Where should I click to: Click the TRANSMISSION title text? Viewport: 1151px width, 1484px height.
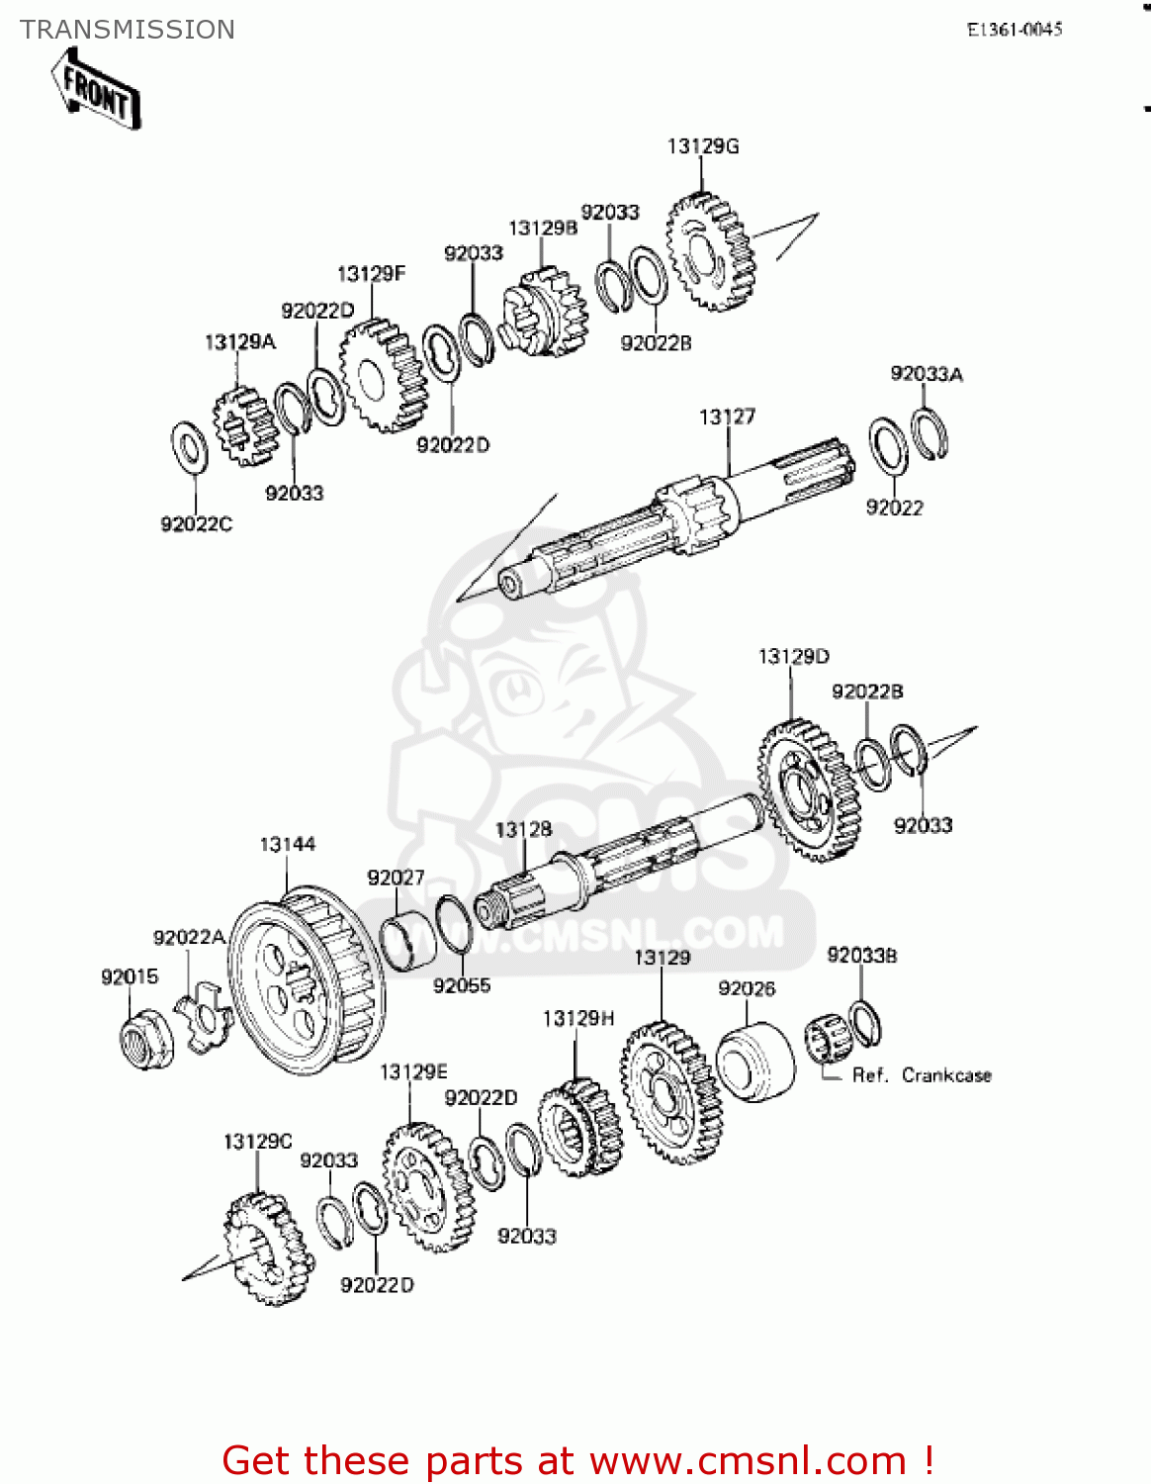point(128,30)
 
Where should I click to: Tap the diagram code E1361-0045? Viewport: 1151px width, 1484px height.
point(1014,30)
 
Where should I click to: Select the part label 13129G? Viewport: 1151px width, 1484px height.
point(703,146)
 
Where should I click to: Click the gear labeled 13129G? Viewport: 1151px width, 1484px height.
point(710,252)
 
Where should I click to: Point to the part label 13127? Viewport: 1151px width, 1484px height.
point(727,417)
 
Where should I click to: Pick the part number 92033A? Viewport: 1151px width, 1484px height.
point(927,373)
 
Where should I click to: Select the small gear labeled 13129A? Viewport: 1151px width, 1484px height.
point(243,426)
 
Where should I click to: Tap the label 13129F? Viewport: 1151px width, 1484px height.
point(371,274)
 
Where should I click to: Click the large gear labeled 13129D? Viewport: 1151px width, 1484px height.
point(808,788)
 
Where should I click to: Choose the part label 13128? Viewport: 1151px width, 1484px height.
point(523,829)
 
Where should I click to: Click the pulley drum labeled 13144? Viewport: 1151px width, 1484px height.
point(307,979)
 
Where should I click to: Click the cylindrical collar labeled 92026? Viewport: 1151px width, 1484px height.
point(754,1062)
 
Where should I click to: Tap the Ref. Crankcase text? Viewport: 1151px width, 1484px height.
point(922,1075)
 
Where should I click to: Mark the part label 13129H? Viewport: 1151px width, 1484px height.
point(578,1018)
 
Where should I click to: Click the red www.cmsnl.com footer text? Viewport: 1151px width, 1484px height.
point(577,1460)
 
